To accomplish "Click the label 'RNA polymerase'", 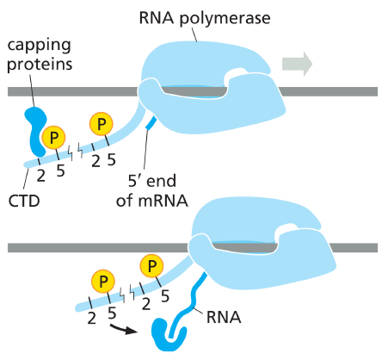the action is (205, 18).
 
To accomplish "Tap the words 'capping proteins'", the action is (40, 54).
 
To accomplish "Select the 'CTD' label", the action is (24, 201).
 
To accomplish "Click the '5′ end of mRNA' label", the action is (152, 190).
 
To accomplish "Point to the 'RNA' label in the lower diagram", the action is (224, 317).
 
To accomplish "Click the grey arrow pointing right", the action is (297, 64).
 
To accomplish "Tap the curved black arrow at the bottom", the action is (123, 330).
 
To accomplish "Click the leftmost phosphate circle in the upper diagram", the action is (53, 138).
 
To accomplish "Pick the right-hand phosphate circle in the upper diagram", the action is (102, 124).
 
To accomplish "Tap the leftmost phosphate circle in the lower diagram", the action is (103, 281).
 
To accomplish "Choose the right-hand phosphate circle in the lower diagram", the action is (151, 266).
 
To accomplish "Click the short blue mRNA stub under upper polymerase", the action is (151, 122).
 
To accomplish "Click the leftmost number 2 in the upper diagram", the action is (41, 176).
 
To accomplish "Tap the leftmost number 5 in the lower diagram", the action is (112, 313).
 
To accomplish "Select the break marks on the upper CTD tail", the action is (75, 152).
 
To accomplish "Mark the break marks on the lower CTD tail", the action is (126, 294).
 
